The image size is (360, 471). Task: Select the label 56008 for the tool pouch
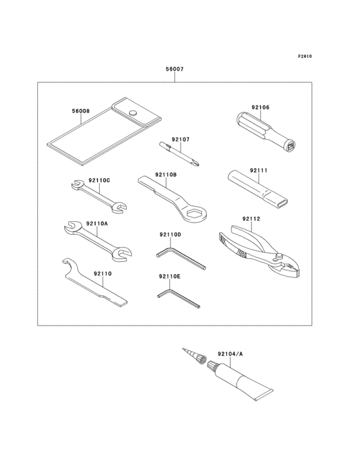[80, 111]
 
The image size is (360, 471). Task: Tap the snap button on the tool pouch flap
[133, 114]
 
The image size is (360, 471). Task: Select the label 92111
[258, 171]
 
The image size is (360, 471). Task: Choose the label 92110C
[100, 180]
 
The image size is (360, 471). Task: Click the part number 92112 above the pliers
[251, 219]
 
